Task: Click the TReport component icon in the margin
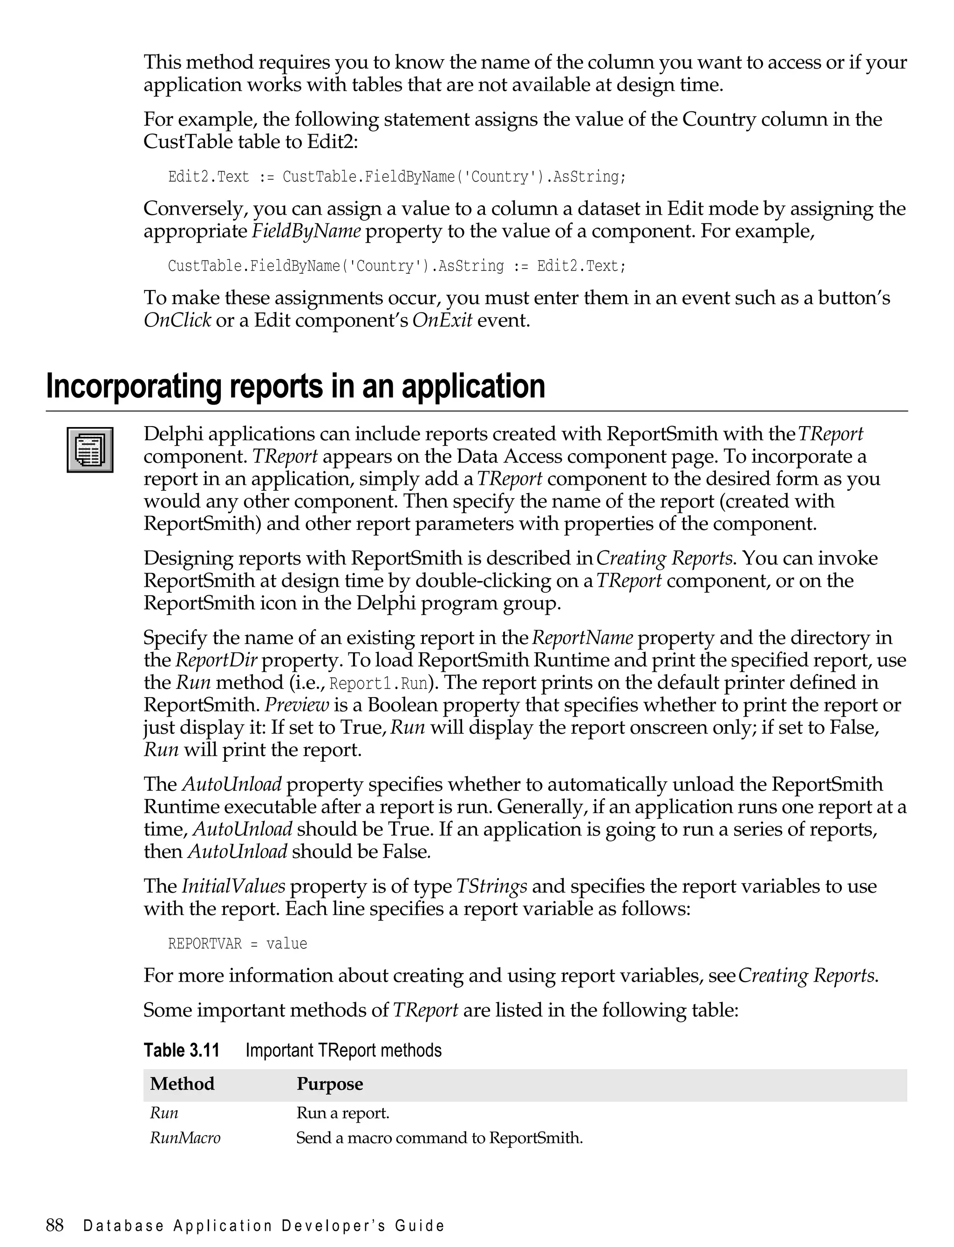click(90, 449)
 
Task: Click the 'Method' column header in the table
click(182, 1084)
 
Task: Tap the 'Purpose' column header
click(329, 1084)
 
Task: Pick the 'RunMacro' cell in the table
click(184, 1138)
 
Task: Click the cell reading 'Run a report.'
click(342, 1112)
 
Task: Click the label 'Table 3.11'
click(181, 1050)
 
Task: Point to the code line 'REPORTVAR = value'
click(238, 943)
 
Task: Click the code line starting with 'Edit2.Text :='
click(396, 176)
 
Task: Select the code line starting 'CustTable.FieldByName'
click(396, 265)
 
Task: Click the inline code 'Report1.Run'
click(378, 683)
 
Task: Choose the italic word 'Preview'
click(297, 705)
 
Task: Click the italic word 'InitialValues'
click(233, 886)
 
